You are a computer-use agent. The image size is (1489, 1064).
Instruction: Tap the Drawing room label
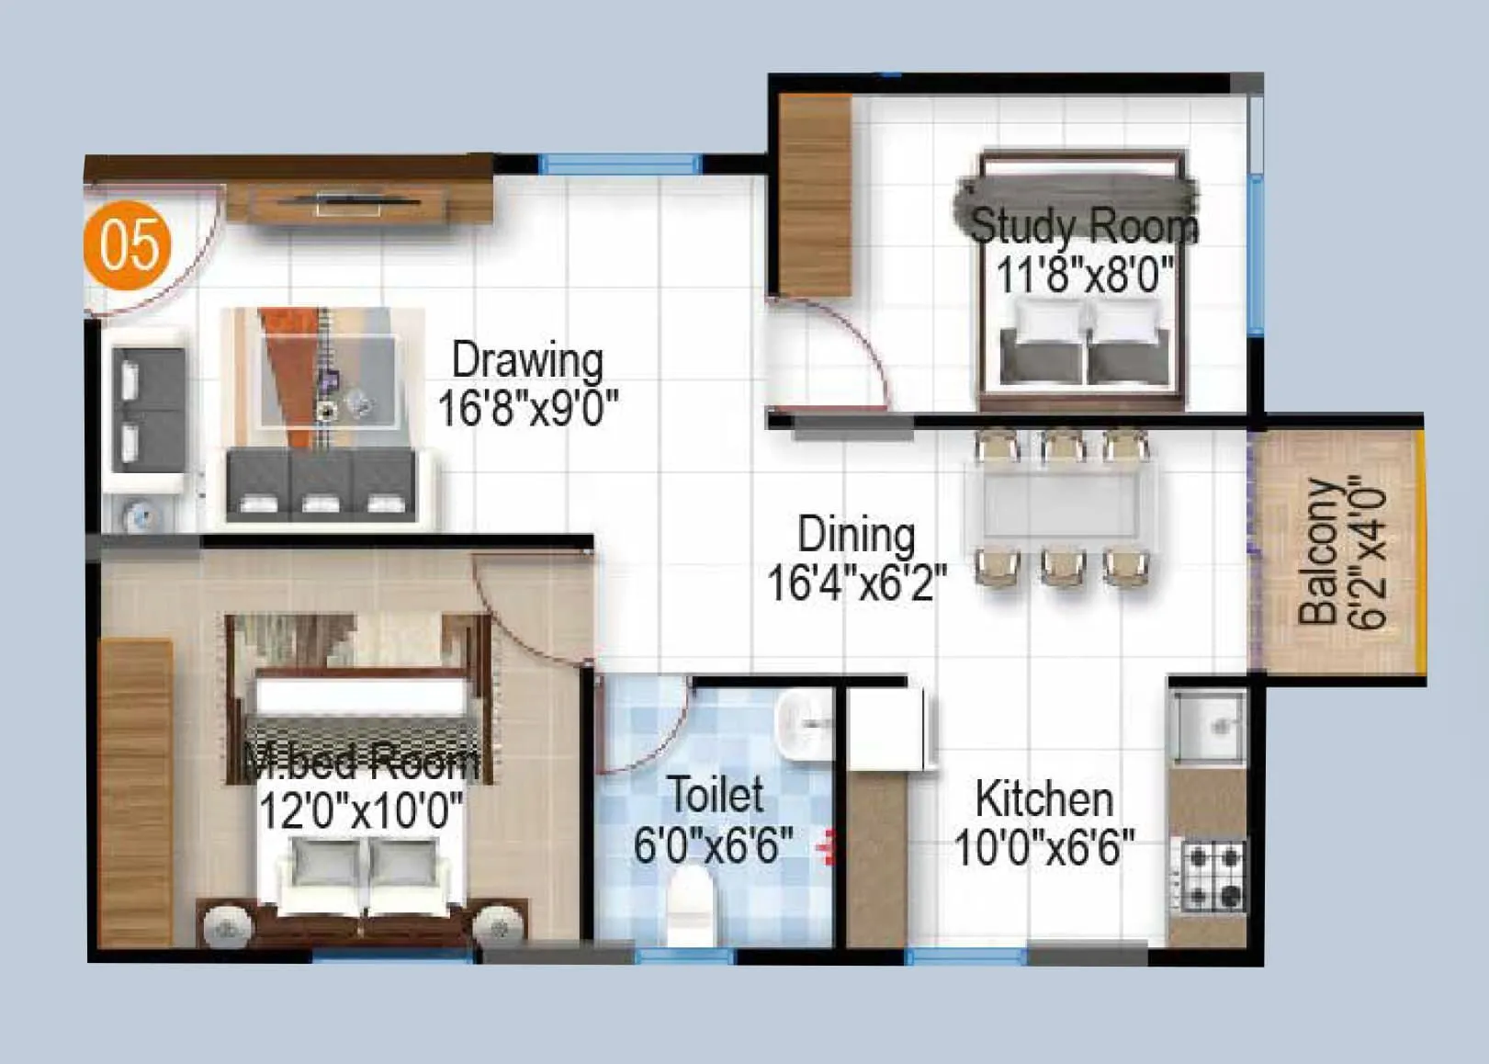point(527,360)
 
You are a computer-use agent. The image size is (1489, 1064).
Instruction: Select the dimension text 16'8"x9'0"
point(527,407)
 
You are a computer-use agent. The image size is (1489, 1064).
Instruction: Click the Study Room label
point(1084,225)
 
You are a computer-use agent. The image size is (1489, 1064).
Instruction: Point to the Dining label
point(856,535)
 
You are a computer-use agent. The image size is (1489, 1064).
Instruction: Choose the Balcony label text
point(1319,552)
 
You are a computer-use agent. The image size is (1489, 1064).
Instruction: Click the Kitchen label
point(1044,798)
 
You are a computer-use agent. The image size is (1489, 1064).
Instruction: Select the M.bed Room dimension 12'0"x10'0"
point(361,810)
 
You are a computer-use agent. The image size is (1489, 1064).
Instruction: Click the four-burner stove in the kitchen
point(1213,876)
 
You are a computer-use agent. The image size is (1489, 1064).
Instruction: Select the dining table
point(1061,505)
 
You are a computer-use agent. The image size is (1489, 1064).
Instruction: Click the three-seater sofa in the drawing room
point(319,484)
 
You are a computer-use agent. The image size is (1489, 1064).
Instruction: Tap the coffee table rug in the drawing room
point(326,377)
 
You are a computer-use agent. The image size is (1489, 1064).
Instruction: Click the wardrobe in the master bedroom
point(136,788)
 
